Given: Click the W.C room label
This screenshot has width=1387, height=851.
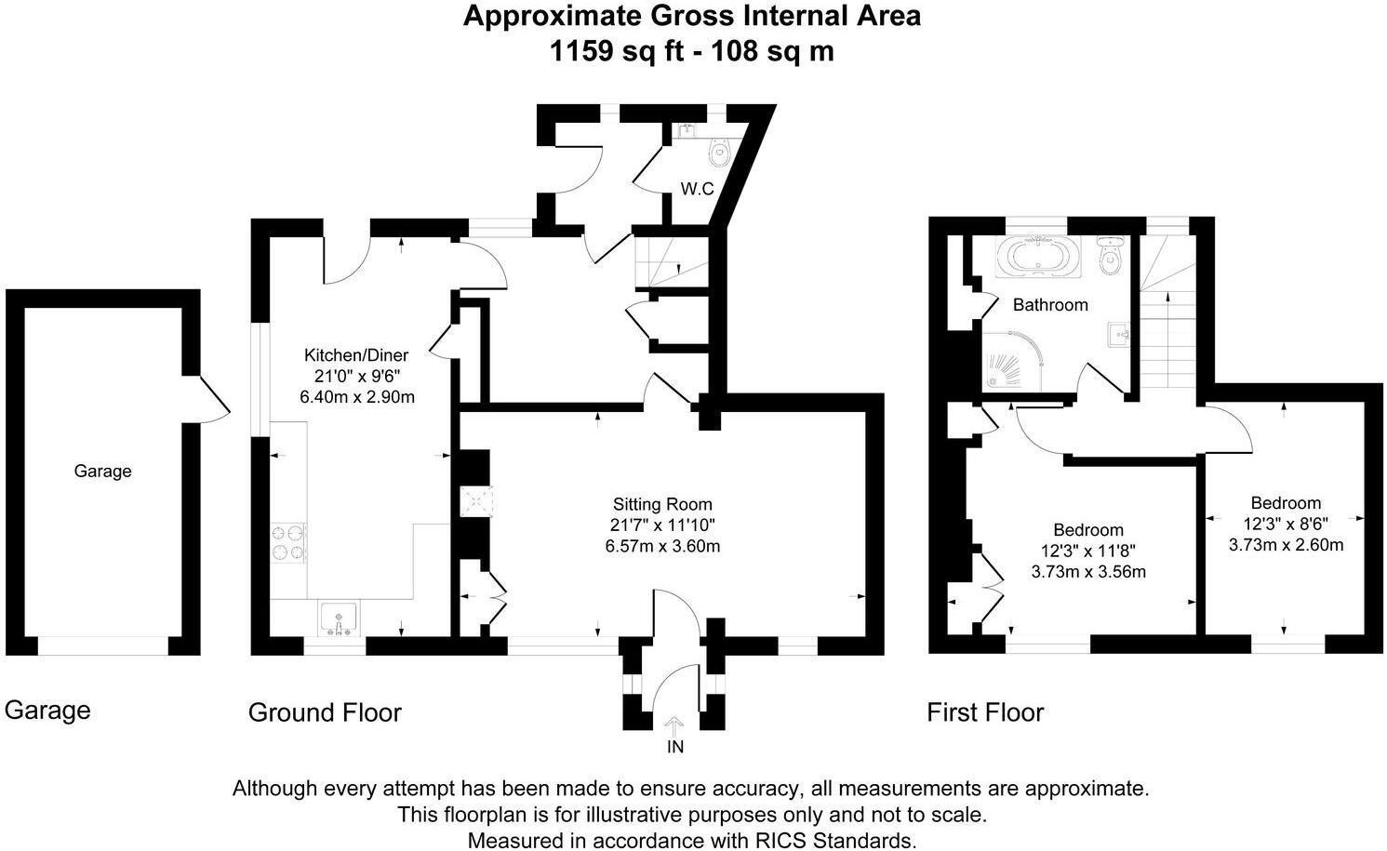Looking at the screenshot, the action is [697, 189].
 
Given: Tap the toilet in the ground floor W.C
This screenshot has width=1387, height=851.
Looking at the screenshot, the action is [719, 153].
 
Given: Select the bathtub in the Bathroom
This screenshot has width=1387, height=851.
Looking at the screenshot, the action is [1038, 256].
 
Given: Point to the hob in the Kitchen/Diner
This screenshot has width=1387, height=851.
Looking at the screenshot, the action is [288, 543].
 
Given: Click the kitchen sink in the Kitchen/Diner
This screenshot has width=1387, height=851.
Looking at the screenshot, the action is [339, 618].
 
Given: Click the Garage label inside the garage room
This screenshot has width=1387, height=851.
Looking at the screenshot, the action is [102, 471].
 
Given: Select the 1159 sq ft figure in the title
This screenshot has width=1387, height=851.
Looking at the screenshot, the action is [617, 51].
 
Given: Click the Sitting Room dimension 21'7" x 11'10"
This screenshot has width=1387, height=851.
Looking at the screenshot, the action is [662, 525].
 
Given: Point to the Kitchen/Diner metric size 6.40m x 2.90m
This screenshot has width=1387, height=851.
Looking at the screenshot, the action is [357, 397].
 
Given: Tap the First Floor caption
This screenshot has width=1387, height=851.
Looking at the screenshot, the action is [985, 712].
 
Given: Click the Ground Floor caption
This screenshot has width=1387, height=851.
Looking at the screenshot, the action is [325, 712].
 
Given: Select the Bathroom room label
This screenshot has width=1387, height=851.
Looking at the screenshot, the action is [1050, 304].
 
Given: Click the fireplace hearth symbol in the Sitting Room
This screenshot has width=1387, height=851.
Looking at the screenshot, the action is [476, 501].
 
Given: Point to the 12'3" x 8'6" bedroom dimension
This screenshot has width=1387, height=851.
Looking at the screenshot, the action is [1286, 524].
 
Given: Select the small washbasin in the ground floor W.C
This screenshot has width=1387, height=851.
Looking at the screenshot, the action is [687, 131].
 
